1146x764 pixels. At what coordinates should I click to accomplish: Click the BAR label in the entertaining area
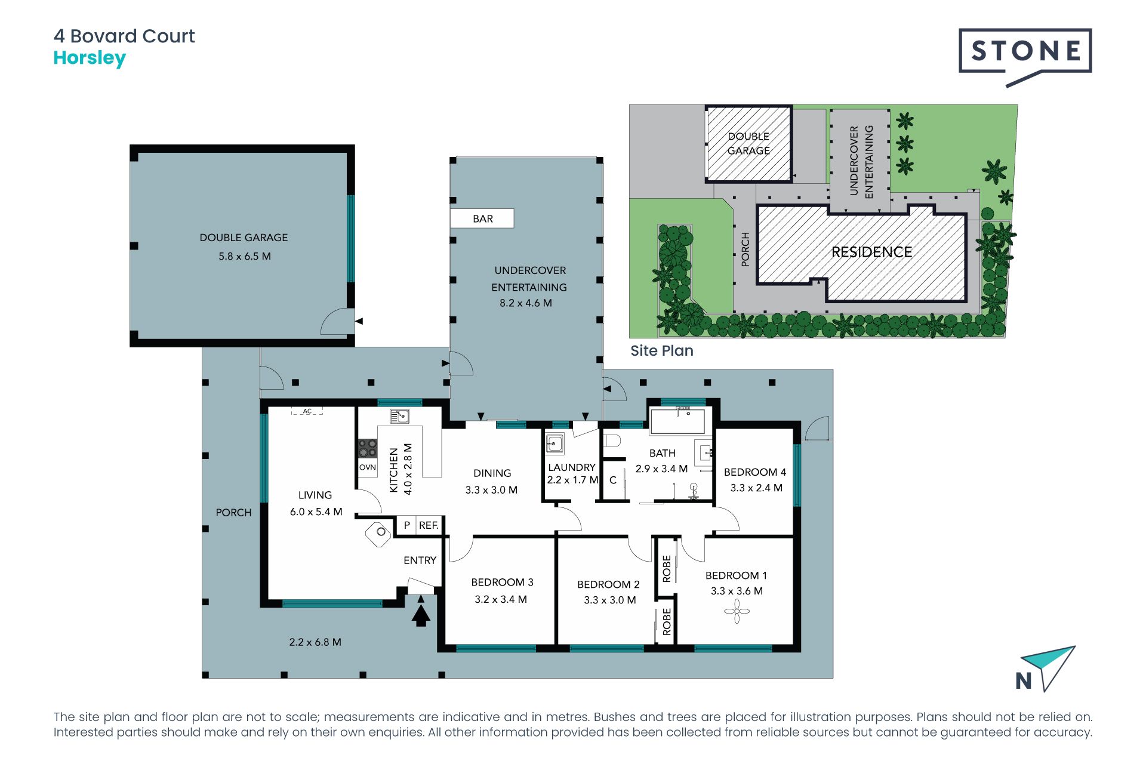[483, 219]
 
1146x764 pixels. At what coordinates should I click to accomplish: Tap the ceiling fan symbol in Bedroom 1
[737, 611]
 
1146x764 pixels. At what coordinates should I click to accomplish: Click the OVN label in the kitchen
[368, 467]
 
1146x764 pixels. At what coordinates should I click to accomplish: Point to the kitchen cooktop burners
[368, 448]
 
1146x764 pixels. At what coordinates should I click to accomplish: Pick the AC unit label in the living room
[307, 411]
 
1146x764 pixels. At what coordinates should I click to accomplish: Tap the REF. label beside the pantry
[429, 525]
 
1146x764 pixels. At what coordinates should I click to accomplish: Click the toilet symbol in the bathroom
[612, 441]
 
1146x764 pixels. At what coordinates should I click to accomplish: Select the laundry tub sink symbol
[554, 444]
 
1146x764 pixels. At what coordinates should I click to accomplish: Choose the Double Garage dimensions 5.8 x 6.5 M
[245, 256]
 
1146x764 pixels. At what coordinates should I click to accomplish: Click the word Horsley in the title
[90, 58]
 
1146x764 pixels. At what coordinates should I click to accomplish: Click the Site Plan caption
[662, 351]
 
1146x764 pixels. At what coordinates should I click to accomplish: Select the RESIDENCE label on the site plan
[871, 252]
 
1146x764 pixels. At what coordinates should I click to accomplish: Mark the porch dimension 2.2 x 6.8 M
[315, 642]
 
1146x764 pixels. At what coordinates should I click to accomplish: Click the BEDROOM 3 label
[502, 583]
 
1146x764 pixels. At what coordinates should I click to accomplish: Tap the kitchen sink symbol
[399, 416]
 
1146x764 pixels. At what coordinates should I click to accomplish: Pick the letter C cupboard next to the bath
[613, 480]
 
